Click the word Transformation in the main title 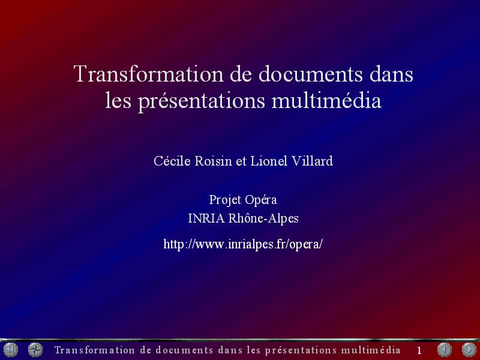(148, 74)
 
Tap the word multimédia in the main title (326, 100)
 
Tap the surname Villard (312, 161)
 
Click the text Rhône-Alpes (263, 218)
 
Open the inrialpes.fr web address (243, 245)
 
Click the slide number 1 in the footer (419, 350)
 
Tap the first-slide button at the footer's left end (11, 350)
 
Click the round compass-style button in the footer (35, 350)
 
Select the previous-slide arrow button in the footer (445, 350)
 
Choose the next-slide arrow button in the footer (469, 350)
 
